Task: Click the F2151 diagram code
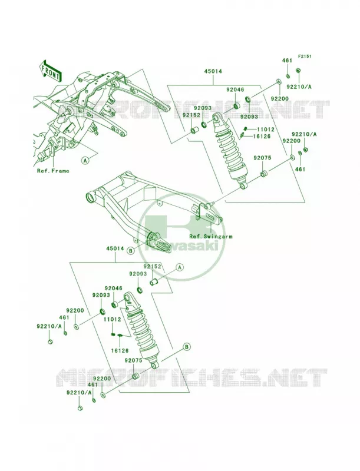point(305,56)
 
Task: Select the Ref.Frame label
point(53,171)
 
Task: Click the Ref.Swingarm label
point(211,237)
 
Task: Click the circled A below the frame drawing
point(85,160)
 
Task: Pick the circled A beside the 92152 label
point(179,267)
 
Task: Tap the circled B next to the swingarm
point(130,251)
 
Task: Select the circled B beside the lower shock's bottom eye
point(186,347)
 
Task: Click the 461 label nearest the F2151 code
point(287,61)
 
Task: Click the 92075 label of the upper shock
point(262,158)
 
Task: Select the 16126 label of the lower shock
point(120,350)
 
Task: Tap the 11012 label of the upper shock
point(265,130)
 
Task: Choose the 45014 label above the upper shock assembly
point(213,71)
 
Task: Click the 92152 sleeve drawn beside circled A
point(154,283)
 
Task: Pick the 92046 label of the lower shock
point(113,288)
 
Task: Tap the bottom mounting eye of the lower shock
point(155,365)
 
